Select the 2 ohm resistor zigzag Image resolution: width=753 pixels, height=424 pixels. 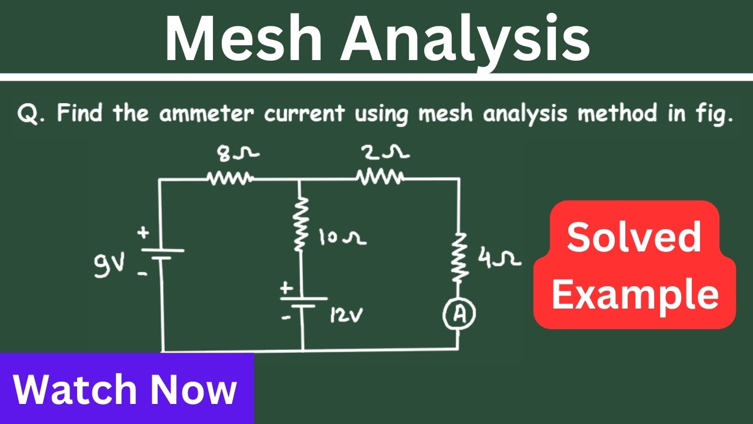pyautogui.click(x=380, y=177)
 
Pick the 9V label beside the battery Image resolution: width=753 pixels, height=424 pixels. pyautogui.click(x=109, y=264)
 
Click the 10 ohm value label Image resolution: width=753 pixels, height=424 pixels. pyautogui.click(x=342, y=237)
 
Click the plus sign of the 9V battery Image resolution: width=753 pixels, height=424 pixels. pyautogui.click(x=143, y=232)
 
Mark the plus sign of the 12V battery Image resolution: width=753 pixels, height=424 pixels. pyautogui.click(x=286, y=289)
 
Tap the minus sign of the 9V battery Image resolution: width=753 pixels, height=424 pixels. pyautogui.click(x=142, y=274)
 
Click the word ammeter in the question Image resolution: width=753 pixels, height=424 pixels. pyautogui.click(x=206, y=113)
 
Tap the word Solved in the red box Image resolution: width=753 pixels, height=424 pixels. pyautogui.click(x=634, y=237)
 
